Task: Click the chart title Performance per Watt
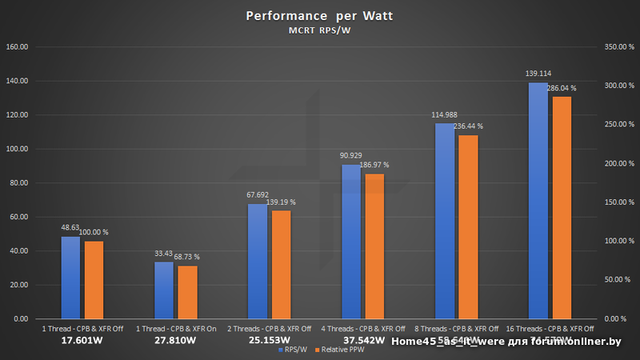(319, 16)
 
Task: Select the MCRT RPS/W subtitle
(319, 31)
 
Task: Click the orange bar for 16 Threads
(561, 207)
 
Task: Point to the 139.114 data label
(538, 74)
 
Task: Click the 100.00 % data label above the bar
(94, 232)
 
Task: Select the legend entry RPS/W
(290, 350)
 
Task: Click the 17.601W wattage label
(82, 340)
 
